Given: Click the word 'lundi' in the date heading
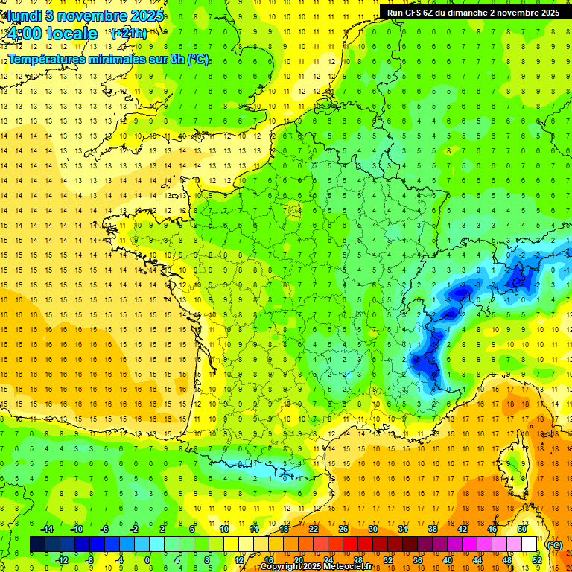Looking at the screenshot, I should point(24,15).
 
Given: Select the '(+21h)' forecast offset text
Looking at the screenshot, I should point(129,33).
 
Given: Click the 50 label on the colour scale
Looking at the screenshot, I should point(522,529).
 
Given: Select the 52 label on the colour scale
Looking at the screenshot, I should point(537,560).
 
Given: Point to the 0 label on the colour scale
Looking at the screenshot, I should point(147,560).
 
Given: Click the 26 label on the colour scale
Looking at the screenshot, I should point(343,529).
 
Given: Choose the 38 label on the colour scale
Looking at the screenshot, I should point(433,529).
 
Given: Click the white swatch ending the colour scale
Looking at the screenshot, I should point(530,544).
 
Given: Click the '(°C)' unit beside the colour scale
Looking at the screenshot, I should point(554,545).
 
